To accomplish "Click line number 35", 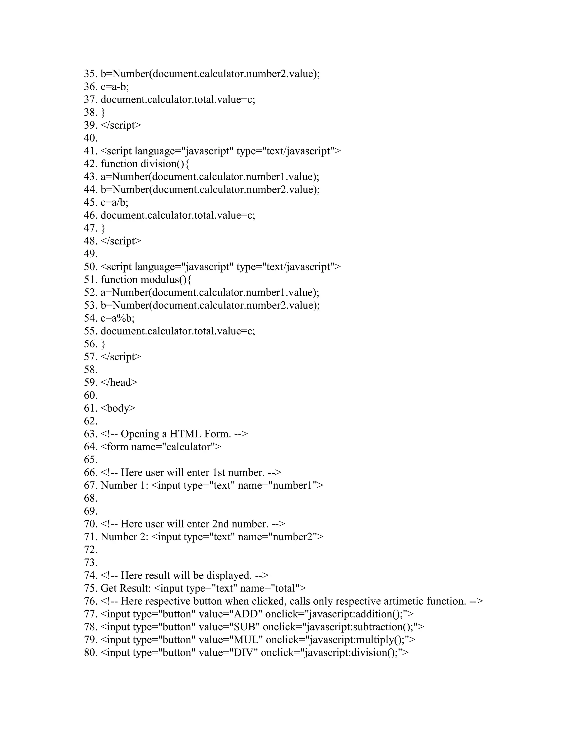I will pyautogui.click(x=90, y=74).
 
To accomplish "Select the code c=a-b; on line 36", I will pyautogui.click(x=115, y=87).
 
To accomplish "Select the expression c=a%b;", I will pyautogui.click(x=117, y=318).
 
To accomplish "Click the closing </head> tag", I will pyautogui.click(x=119, y=383).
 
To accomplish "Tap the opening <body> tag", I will pyautogui.click(x=118, y=408).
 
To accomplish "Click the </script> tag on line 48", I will pyautogui.click(x=121, y=241).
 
